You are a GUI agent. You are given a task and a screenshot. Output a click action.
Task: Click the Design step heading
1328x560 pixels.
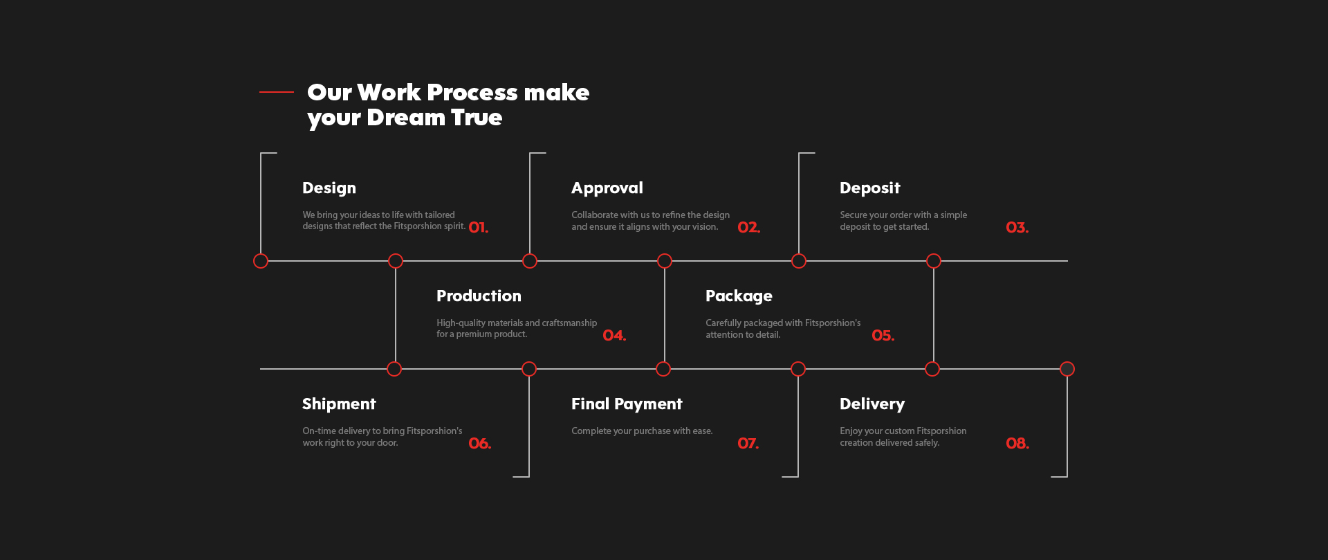pos(329,188)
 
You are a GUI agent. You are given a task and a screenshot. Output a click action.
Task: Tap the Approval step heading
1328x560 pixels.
pos(607,188)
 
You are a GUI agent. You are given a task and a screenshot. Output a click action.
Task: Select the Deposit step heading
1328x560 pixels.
pos(870,188)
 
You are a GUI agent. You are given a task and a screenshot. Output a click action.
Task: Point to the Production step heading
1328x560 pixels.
pos(479,296)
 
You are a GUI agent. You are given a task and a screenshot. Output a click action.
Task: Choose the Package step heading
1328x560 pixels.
pos(739,296)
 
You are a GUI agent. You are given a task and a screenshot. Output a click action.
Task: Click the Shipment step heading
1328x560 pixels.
pos(339,404)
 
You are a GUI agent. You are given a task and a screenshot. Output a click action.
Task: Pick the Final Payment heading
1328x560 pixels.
pos(627,404)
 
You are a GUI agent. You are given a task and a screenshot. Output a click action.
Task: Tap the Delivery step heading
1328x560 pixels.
pos(872,404)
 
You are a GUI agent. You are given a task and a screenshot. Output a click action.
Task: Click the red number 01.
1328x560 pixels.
pos(479,228)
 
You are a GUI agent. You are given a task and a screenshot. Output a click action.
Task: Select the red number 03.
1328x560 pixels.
pos(1017,228)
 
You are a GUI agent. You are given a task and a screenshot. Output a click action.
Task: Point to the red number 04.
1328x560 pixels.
pos(614,336)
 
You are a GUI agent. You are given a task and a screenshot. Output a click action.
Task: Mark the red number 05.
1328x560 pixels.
pos(883,336)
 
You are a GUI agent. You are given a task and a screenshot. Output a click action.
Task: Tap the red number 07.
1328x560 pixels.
pos(748,444)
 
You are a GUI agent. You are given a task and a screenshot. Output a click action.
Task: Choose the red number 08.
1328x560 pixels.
pos(1017,444)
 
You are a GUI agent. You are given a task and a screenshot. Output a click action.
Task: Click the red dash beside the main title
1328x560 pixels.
pos(277,91)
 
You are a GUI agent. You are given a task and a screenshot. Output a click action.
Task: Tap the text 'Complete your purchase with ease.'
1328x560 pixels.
pos(642,431)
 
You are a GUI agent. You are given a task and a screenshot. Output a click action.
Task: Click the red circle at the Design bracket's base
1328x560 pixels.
pos(261,261)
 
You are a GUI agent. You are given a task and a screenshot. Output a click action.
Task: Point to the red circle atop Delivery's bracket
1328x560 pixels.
pos(1067,369)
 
